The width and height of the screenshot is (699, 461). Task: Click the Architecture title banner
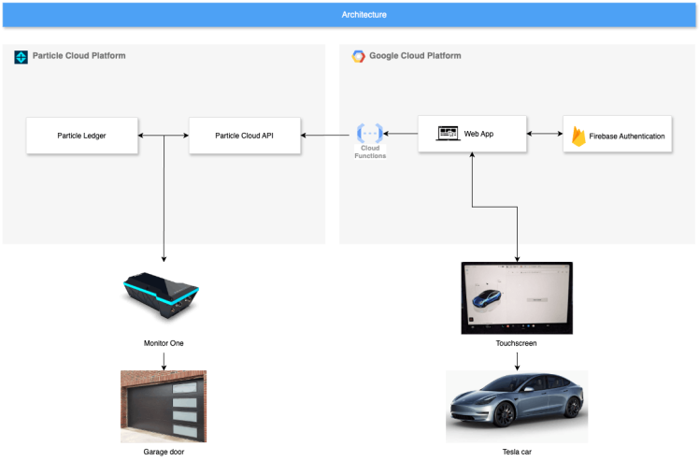(349, 15)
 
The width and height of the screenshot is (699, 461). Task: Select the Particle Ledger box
(82, 136)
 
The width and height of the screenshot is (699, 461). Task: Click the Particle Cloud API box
(245, 136)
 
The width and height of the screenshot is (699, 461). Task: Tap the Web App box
(473, 135)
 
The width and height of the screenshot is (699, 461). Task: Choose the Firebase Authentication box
(618, 136)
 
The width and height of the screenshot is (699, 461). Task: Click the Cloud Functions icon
(370, 134)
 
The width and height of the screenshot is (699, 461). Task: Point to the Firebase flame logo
(578, 136)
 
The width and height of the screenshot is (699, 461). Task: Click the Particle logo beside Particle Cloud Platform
(21, 57)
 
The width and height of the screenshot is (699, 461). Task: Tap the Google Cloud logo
(358, 56)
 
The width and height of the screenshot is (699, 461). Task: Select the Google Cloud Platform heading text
(415, 56)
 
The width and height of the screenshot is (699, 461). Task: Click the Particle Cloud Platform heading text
(78, 56)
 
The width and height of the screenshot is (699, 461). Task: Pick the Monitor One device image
(162, 293)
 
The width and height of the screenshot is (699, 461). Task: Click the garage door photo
(164, 407)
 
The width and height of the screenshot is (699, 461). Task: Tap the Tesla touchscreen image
(517, 298)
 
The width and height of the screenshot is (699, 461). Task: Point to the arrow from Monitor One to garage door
(164, 360)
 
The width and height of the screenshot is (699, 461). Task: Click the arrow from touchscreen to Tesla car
(517, 360)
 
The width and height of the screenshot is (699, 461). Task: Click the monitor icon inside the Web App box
(449, 134)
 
